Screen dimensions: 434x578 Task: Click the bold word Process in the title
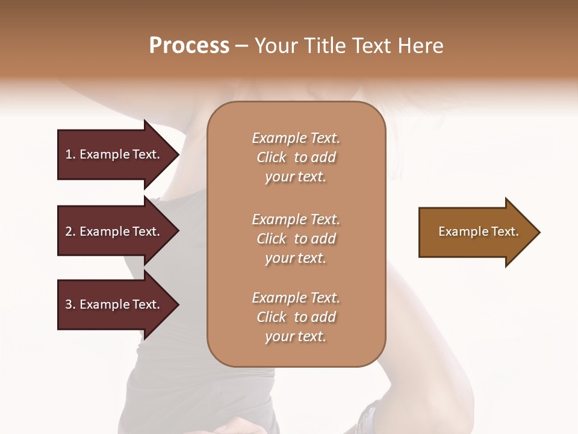(189, 46)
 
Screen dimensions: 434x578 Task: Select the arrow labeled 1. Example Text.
(114, 154)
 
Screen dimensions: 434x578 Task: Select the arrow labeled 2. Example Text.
(114, 231)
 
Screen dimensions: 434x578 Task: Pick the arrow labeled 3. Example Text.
(114, 304)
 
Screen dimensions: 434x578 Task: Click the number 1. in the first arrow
(70, 154)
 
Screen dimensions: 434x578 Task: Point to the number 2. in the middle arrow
(70, 231)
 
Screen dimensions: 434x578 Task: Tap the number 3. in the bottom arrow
(70, 304)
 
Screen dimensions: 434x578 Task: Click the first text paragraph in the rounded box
(296, 157)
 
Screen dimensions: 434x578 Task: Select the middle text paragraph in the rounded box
(296, 238)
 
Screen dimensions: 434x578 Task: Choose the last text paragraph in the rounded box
(296, 317)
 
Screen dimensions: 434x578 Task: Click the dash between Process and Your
(241, 46)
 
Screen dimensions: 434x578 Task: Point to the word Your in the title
(275, 46)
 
